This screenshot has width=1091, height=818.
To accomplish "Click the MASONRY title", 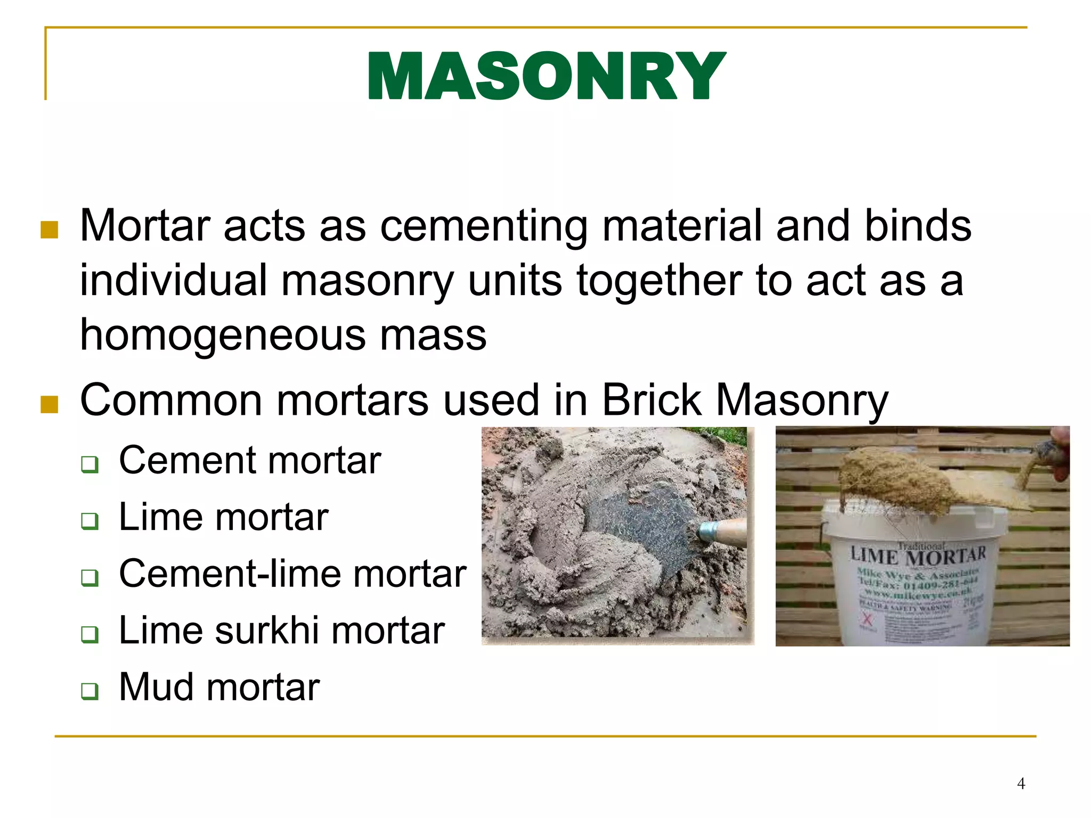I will pos(546,76).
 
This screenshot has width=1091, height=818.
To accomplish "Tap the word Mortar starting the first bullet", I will pos(145,226).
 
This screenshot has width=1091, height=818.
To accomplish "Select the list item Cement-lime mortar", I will pos(292,574).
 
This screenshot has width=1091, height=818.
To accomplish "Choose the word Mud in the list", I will pos(156,687).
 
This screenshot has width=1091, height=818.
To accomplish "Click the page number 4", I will pos(1021,783).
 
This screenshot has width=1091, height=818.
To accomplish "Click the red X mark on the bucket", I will pos(867,619).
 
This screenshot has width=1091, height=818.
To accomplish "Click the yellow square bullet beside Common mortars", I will pos(49,404).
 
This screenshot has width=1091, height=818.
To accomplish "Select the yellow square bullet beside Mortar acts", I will pos(49,230).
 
